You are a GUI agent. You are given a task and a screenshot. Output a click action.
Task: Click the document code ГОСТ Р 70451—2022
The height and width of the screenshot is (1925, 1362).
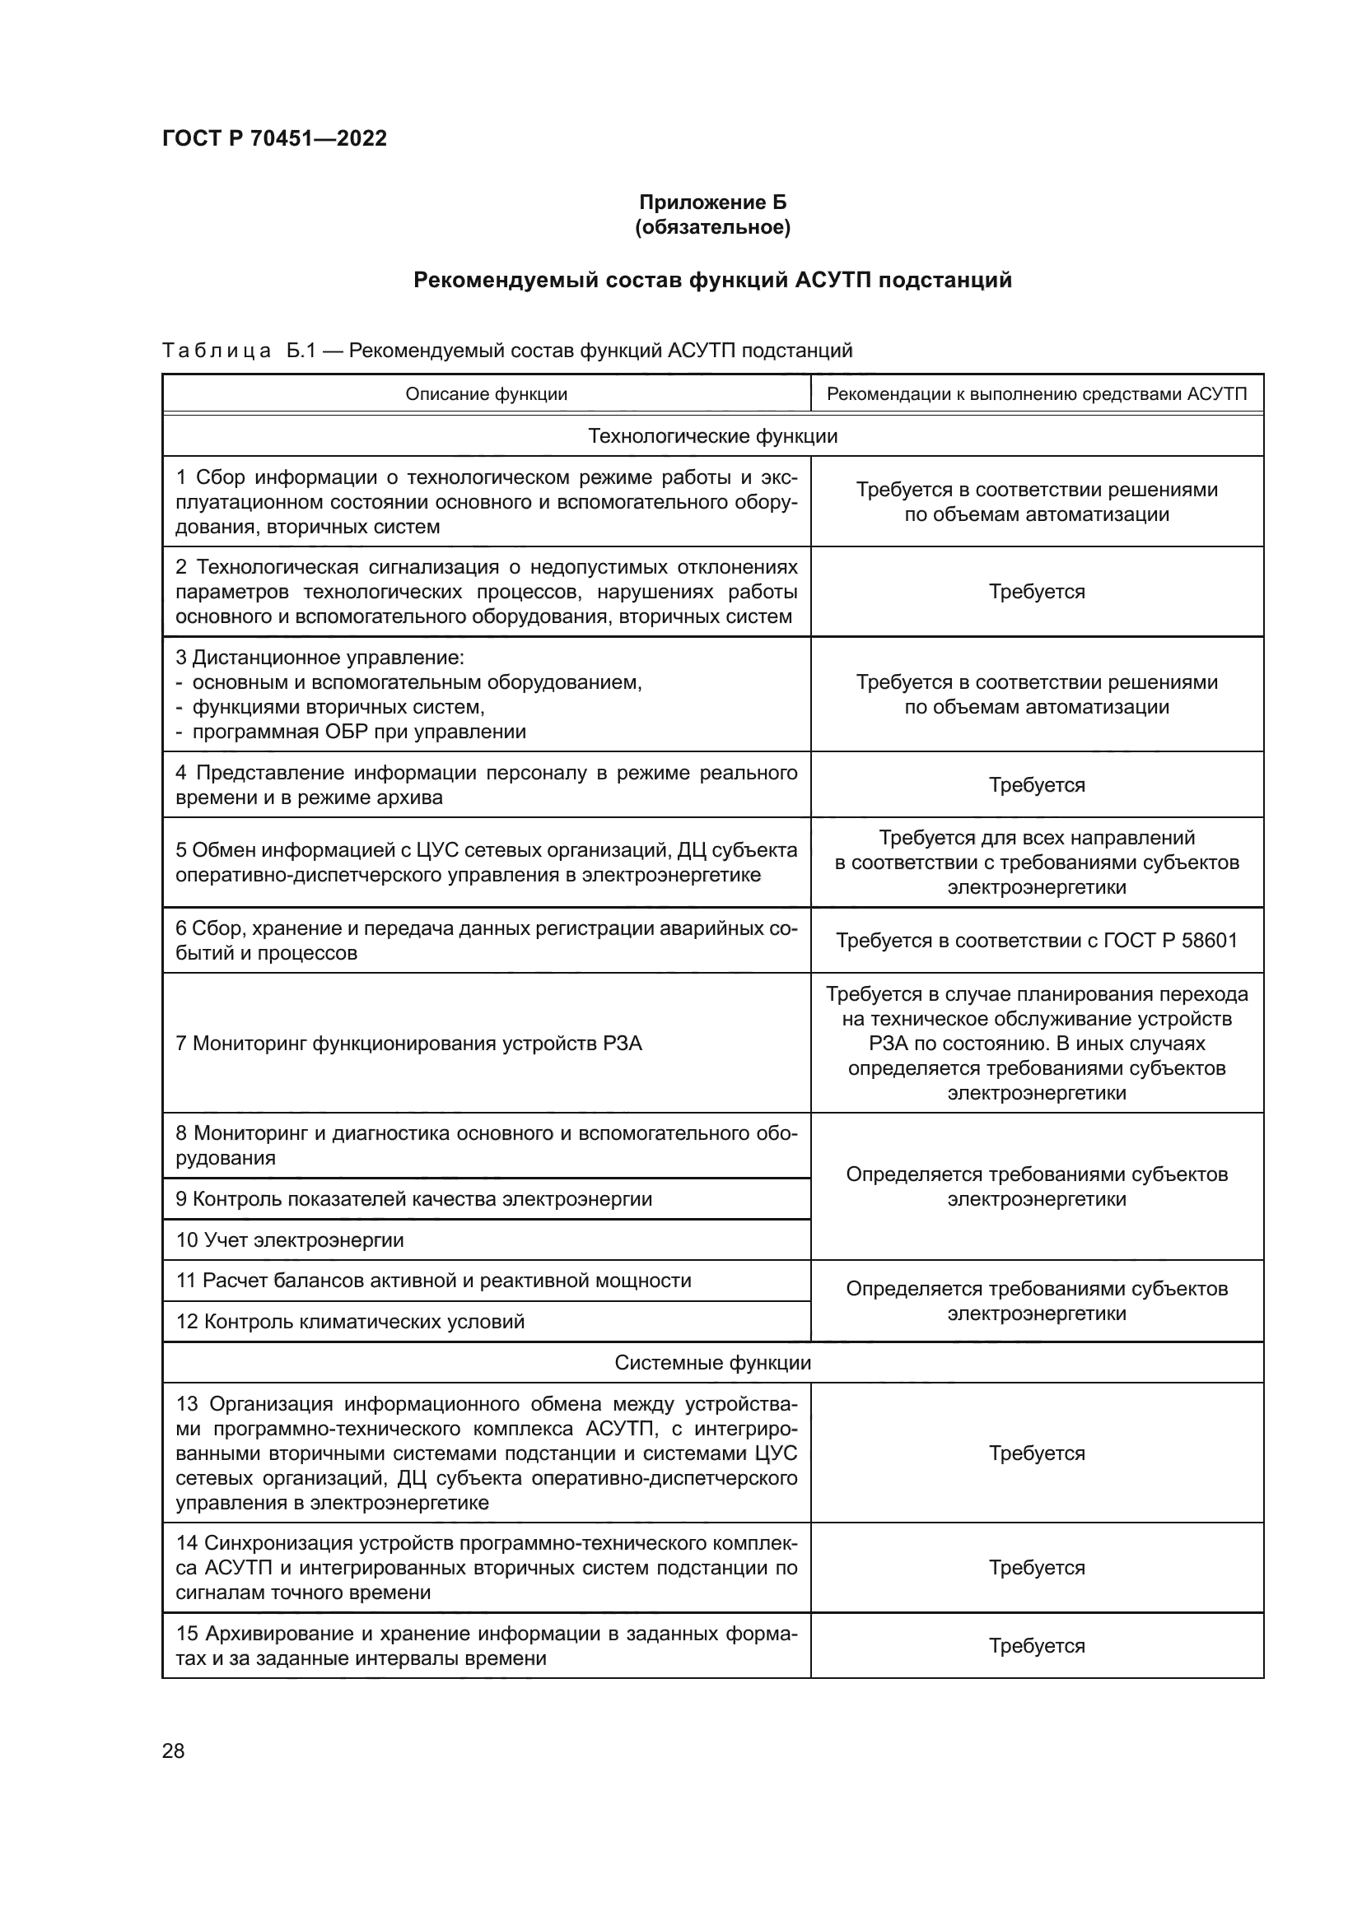(274, 138)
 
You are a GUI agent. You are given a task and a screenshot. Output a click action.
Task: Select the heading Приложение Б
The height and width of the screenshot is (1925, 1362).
(712, 202)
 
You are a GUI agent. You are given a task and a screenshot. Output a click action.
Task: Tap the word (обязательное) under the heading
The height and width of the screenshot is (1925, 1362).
(712, 227)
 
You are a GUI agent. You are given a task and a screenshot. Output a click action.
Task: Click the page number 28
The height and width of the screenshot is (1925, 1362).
(173, 1751)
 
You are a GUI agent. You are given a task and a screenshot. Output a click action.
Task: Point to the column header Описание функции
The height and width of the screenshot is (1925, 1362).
(486, 394)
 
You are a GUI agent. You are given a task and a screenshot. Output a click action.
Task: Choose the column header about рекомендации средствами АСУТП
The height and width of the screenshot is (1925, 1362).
(1037, 394)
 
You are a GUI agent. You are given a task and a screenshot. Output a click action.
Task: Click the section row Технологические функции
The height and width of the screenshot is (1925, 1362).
(712, 436)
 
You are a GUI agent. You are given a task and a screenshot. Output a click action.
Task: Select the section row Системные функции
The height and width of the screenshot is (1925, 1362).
(712, 1362)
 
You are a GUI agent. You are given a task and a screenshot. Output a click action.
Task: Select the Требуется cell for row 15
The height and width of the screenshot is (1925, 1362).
(1037, 1646)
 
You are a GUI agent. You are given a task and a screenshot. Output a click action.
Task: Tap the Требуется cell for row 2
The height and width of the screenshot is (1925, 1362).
(1037, 592)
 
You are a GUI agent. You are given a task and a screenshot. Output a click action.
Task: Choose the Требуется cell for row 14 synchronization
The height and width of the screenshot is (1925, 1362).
(1037, 1568)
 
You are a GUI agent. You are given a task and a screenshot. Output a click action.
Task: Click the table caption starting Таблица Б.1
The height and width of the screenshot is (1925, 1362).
(506, 351)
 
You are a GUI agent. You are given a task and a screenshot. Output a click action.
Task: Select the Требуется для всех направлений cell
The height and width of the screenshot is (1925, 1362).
(1037, 862)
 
